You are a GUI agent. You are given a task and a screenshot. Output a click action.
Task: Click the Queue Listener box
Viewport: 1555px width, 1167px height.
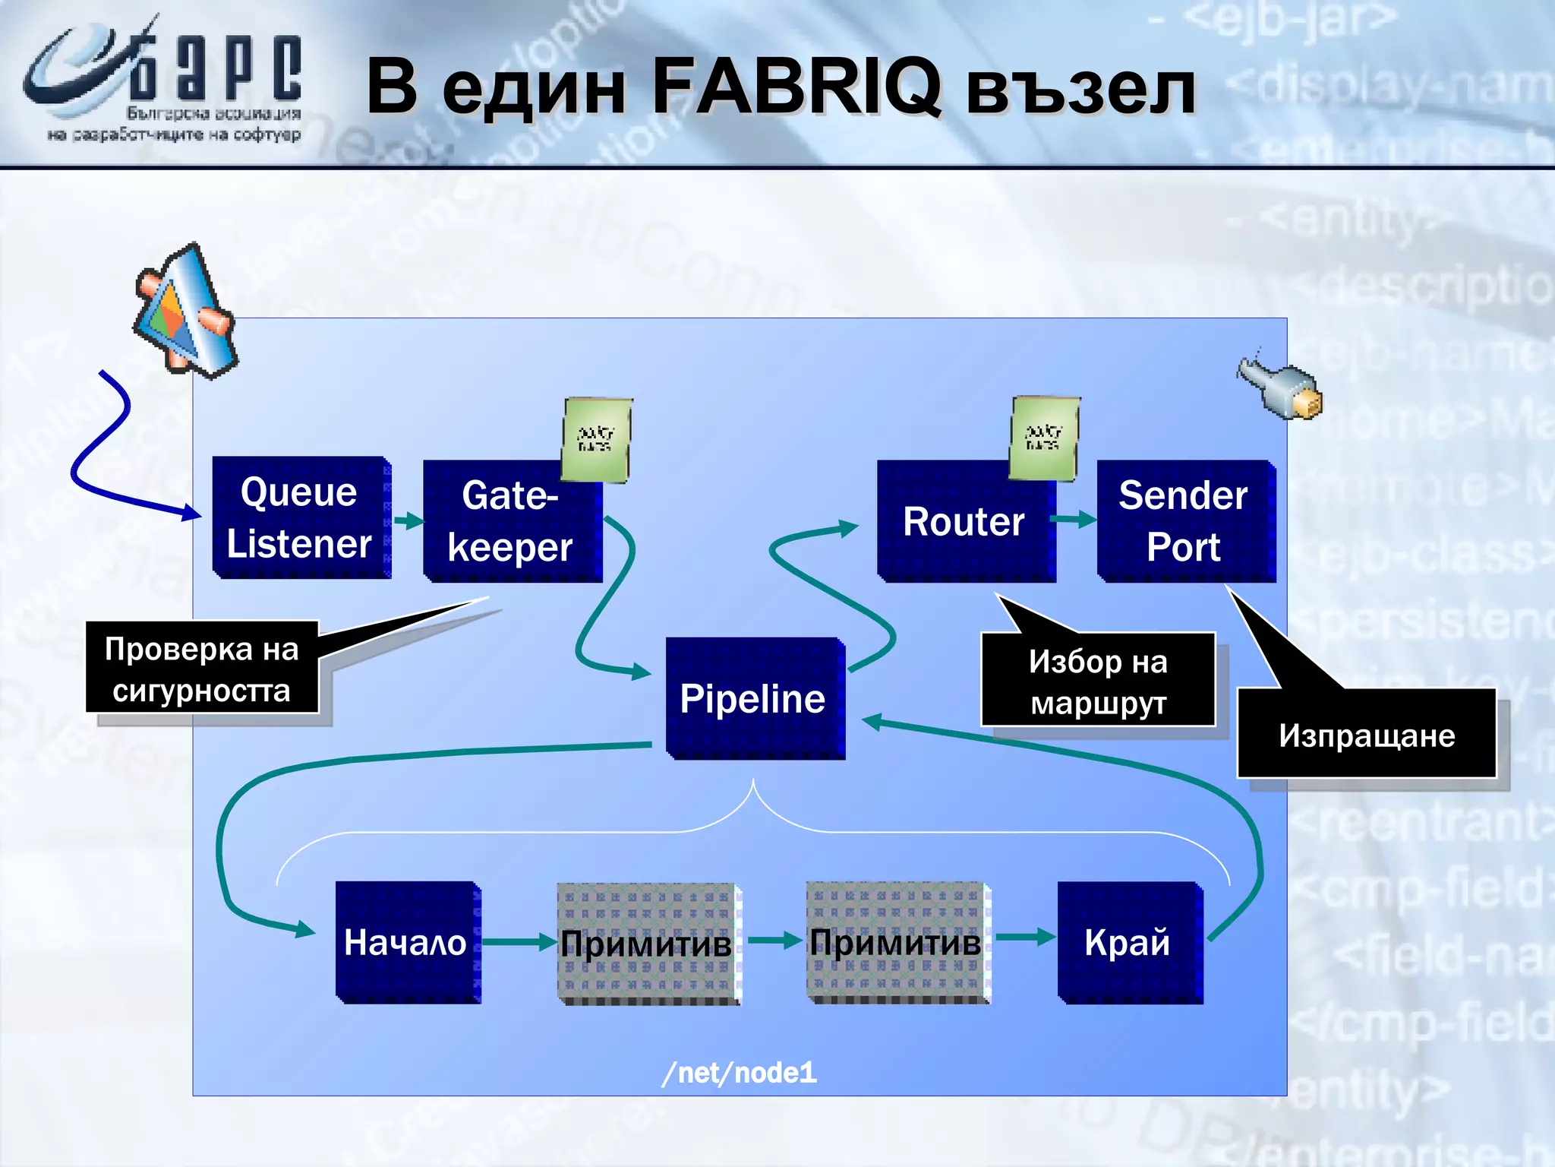[301, 517]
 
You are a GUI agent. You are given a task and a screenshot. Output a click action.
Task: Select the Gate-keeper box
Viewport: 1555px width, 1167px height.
[511, 522]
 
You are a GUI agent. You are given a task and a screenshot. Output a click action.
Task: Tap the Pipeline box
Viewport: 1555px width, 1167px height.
[754, 698]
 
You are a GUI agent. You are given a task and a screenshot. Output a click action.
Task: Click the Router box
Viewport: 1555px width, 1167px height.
[964, 522]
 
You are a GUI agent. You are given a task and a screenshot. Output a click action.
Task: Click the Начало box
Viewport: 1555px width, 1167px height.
[407, 942]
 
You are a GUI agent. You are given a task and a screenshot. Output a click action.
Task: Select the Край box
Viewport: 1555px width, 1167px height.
[1128, 942]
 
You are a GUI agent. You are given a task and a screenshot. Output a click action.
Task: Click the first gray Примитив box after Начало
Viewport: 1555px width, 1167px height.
[648, 944]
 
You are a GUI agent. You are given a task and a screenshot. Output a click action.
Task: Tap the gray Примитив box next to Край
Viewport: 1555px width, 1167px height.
[897, 942]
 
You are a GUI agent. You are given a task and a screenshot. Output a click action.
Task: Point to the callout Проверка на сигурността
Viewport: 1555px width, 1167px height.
[201, 669]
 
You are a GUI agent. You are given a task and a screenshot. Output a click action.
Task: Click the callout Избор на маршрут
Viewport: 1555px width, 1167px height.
[1098, 681]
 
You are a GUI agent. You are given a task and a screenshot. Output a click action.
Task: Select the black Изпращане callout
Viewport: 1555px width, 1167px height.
[1366, 735]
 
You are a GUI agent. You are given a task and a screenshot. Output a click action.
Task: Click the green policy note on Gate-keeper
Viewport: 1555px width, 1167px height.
[596, 439]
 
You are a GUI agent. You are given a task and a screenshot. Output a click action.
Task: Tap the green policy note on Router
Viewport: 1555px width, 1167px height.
[1044, 438]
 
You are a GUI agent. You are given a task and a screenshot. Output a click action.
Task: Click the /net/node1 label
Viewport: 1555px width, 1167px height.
[740, 1072]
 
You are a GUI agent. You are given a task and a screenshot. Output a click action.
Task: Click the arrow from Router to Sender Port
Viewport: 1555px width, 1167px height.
[1074, 520]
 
